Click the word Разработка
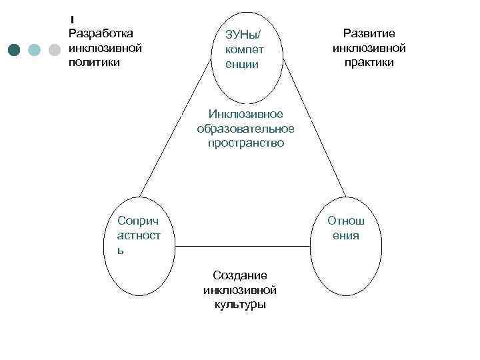click(x=101, y=33)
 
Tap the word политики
click(x=93, y=63)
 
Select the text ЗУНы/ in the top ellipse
click(x=243, y=35)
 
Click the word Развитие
click(x=369, y=33)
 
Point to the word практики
click(x=369, y=63)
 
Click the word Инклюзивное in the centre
click(x=245, y=114)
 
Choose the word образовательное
click(x=245, y=129)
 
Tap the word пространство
click(x=245, y=143)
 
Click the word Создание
click(x=239, y=275)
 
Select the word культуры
click(x=239, y=305)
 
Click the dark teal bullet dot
click(x=15, y=49)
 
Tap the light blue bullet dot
click(x=35, y=49)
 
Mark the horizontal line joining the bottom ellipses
click(x=239, y=246)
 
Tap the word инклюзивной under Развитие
click(x=369, y=48)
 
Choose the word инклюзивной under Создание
click(x=239, y=290)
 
